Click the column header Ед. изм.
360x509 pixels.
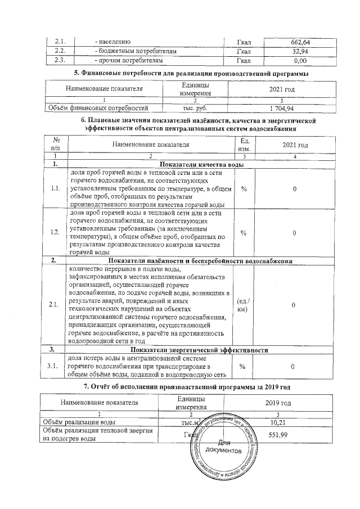244,145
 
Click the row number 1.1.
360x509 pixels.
55,188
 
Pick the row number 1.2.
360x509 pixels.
55,233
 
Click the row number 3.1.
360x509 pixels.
55,367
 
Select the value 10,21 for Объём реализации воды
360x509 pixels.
278,421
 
